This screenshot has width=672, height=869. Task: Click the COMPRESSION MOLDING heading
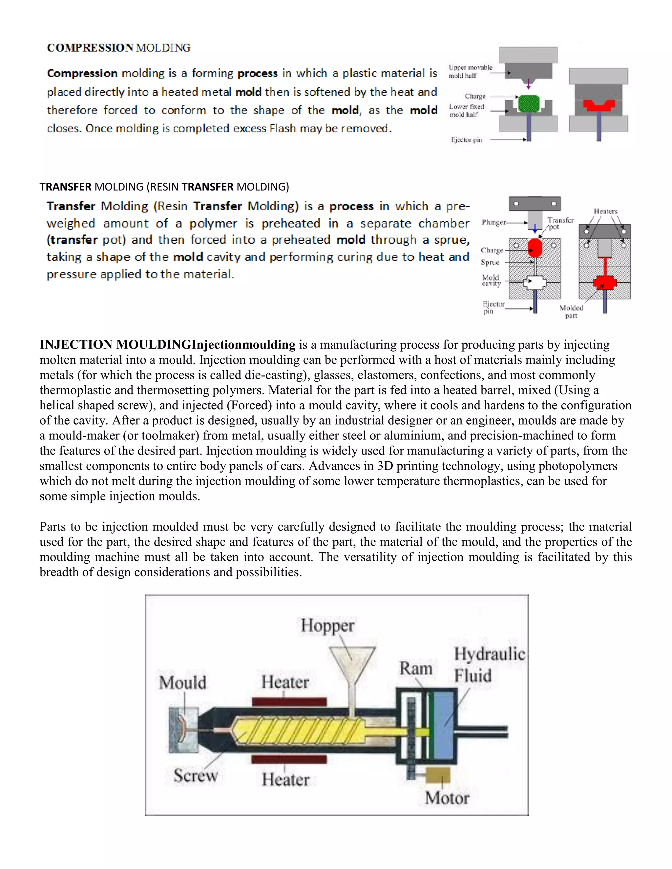(119, 48)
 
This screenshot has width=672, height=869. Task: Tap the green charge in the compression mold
(529, 104)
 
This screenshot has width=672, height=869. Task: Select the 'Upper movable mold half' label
(470, 71)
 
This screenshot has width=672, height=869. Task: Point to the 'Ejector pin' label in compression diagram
(466, 140)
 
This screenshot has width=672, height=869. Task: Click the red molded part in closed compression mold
(598, 106)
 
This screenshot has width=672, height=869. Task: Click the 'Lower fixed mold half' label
(466, 111)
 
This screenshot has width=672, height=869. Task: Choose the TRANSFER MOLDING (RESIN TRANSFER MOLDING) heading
(164, 187)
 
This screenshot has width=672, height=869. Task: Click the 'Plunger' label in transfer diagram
(493, 222)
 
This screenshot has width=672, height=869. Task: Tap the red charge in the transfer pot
(535, 248)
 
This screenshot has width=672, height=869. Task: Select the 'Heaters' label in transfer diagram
(605, 211)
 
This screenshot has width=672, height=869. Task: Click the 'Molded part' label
(571, 312)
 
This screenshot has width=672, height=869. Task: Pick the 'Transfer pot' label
(560, 223)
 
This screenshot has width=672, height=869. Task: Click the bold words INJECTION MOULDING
(115, 345)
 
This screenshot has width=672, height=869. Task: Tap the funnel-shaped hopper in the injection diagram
(352, 663)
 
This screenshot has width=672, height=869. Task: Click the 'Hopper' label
(327, 625)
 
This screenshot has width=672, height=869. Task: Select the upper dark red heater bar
(289, 702)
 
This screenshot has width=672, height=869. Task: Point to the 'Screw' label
(196, 775)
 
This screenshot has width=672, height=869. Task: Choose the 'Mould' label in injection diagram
(183, 683)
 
